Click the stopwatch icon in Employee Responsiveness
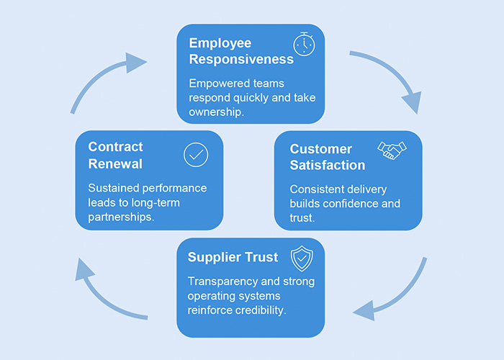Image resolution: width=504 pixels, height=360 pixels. point(304,44)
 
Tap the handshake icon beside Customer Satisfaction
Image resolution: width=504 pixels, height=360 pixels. point(392,150)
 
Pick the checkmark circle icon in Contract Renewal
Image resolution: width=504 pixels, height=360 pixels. point(195,154)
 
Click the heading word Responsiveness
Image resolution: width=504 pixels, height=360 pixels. point(241,59)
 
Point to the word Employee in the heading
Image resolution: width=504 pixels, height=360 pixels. point(220,42)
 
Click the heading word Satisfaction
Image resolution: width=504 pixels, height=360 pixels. point(328,165)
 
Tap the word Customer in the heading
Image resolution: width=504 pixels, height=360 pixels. point(321,149)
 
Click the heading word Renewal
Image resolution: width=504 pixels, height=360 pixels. point(115,163)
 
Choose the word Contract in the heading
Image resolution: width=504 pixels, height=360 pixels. point(116,147)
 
